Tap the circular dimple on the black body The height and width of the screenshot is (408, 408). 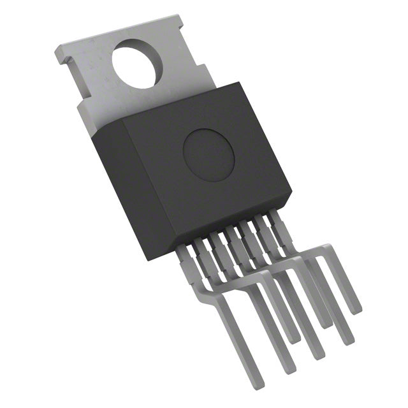tap(208, 153)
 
